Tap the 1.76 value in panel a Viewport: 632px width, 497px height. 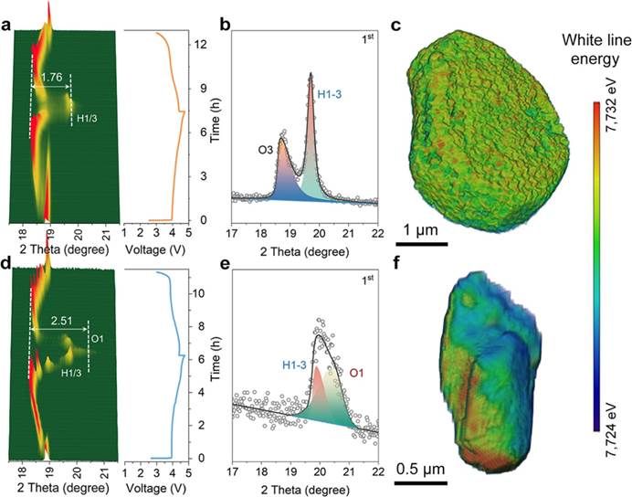pos(51,79)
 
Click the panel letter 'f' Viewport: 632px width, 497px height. pos(395,268)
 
